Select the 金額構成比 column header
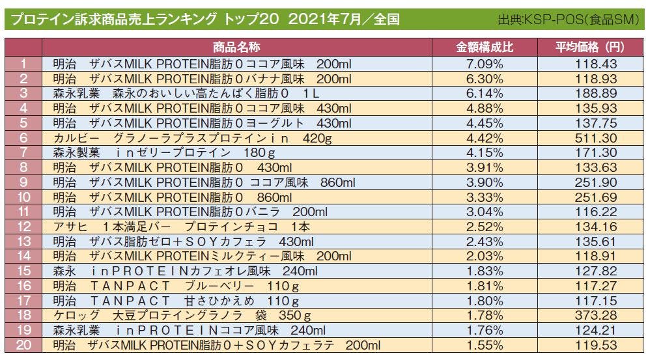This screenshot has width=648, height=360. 485,48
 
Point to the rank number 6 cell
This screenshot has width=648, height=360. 23,137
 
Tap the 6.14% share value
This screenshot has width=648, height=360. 485,93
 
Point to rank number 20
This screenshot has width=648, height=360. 23,344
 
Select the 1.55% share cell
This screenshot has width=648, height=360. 485,344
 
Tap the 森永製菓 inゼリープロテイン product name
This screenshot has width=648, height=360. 163,152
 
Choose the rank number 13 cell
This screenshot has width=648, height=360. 23,241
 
